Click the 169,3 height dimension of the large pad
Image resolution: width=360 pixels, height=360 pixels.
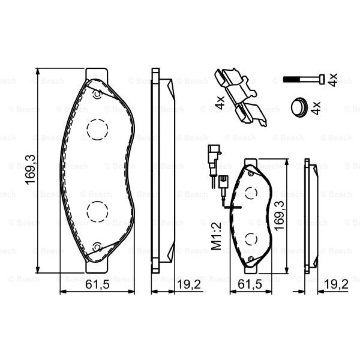click(30, 170)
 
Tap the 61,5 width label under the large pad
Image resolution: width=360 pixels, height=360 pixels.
click(97, 285)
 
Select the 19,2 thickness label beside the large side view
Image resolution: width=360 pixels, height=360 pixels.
click(189, 285)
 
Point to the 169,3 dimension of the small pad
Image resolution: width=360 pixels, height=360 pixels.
click(279, 216)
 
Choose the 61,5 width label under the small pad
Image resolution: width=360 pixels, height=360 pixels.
click(250, 285)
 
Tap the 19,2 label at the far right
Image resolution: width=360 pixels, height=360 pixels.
click(336, 285)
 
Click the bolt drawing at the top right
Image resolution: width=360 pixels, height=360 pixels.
click(304, 80)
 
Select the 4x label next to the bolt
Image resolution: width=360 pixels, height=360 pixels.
click(332, 80)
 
